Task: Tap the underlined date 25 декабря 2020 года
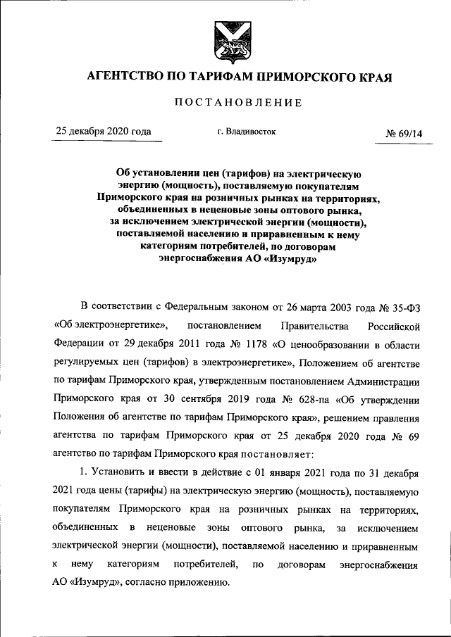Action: point(104,132)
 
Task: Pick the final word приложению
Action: point(194,583)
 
